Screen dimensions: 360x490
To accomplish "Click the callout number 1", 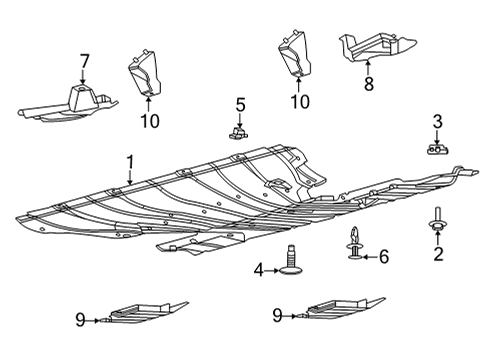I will (x=129, y=161).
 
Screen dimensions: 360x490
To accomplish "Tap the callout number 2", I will (x=437, y=254).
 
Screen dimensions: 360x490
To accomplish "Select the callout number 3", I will (x=436, y=123).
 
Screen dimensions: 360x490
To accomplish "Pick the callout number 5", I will (x=240, y=104).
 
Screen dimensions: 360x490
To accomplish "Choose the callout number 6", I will (x=383, y=256).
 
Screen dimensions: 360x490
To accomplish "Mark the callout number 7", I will (x=84, y=63).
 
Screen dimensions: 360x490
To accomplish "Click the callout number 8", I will (x=368, y=86).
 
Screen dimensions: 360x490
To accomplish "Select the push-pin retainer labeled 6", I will (x=355, y=246).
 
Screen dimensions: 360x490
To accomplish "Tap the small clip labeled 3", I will (x=436, y=149).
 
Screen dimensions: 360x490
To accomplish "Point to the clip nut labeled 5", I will (x=240, y=130).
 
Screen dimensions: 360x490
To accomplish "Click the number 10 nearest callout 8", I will (x=298, y=101).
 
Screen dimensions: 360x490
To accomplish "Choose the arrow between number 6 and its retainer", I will (x=369, y=256).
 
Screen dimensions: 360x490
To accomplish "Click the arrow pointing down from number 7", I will (x=84, y=77).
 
